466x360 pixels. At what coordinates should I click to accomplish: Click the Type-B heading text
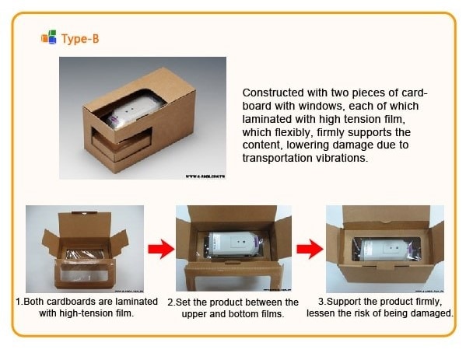80,39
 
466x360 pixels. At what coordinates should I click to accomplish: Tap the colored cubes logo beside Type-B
49,37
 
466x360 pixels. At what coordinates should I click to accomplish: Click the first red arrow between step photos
161,249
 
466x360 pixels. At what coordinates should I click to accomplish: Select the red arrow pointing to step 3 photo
310,249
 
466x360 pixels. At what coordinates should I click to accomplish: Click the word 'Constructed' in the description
273,93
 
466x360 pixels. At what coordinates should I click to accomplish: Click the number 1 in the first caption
19,302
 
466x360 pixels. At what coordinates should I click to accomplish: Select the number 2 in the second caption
170,302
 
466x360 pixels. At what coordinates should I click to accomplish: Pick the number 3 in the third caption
321,302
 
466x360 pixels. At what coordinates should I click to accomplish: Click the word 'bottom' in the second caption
240,314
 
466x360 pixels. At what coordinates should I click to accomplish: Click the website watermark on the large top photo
205,177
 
